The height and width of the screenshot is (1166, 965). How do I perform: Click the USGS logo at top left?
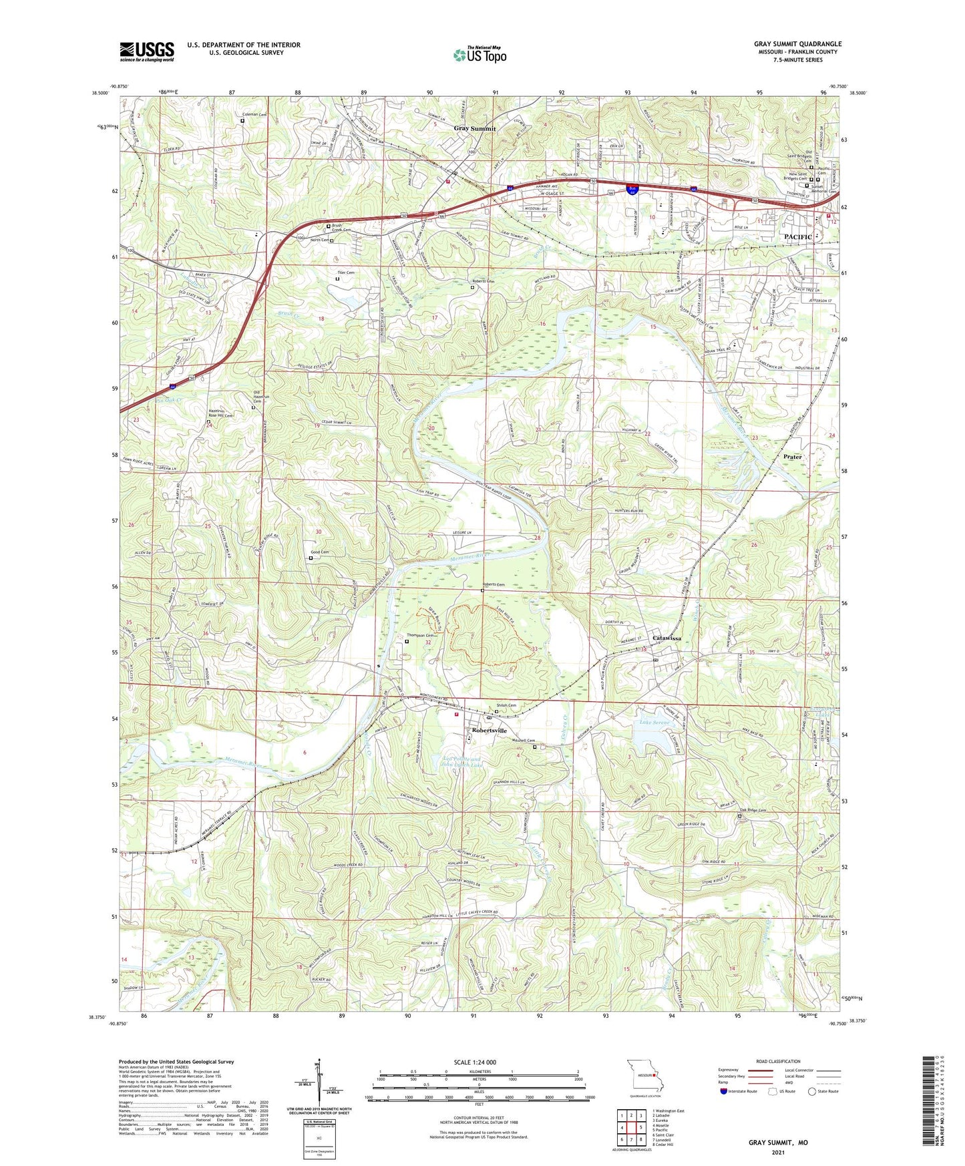147,51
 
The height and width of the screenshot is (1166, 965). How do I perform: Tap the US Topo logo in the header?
479,55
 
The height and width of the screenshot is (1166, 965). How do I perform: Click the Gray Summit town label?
475,128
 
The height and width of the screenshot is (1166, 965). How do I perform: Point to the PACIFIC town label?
797,237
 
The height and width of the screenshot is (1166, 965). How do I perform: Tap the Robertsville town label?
494,731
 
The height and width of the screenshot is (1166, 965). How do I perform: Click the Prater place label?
792,457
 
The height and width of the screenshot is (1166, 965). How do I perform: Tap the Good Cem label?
319,552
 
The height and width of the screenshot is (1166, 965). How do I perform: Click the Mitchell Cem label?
524,741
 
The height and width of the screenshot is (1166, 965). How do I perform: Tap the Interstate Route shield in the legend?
725,1091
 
